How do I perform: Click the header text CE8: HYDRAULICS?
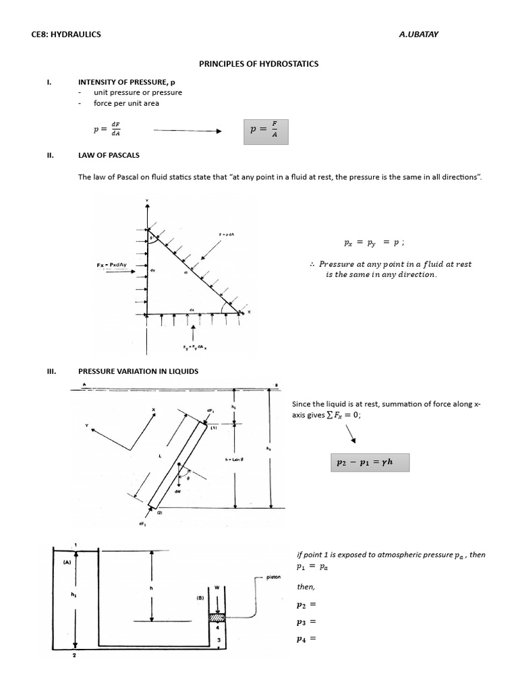[x=66, y=34]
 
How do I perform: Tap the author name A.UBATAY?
[x=420, y=34]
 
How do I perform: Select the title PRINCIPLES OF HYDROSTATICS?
[x=258, y=64]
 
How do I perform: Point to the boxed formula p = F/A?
[x=265, y=131]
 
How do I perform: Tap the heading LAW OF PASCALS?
[x=109, y=155]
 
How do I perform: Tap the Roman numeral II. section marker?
[x=49, y=155]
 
